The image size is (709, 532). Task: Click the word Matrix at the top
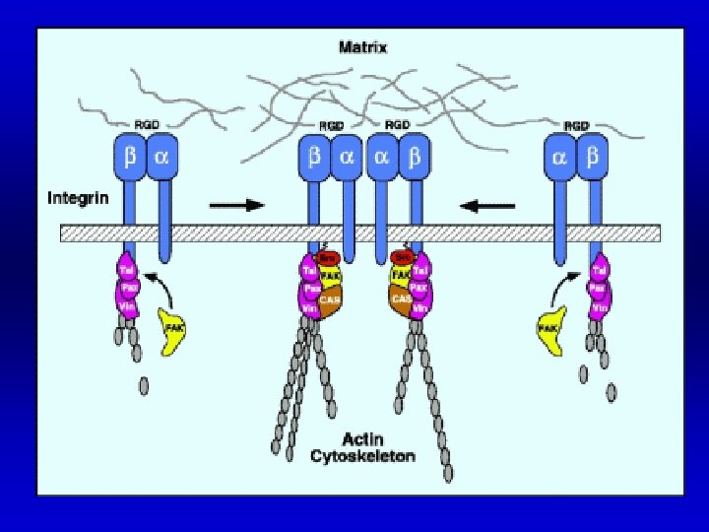363,46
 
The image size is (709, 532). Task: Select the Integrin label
80,199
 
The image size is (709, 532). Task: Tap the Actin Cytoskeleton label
362,447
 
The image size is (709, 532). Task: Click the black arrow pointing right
237,205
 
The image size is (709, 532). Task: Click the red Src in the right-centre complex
401,255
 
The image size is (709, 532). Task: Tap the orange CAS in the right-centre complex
400,299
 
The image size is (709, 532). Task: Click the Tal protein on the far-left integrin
127,268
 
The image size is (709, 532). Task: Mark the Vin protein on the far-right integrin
597,308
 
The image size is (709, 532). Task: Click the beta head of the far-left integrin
130,157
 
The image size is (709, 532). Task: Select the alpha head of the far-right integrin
560,157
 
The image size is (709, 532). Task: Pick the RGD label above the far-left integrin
146,125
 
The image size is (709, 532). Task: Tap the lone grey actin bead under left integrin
144,384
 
